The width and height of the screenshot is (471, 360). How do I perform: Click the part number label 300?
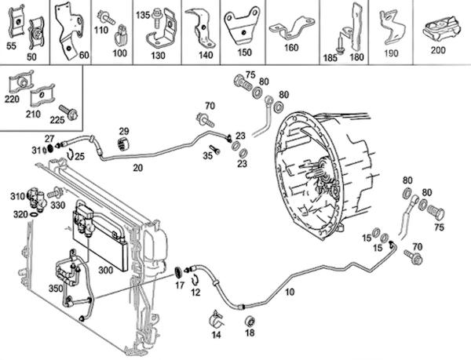tap(106, 270)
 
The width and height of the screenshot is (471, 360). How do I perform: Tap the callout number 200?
tap(438, 49)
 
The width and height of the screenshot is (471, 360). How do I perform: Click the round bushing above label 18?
tap(250, 321)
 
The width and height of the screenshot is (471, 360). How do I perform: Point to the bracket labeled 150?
tap(241, 26)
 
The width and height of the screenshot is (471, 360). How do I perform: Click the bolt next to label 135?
tap(156, 18)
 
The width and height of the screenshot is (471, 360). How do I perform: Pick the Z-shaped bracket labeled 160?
tap(291, 28)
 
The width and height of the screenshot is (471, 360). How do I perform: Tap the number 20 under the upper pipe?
tap(138, 168)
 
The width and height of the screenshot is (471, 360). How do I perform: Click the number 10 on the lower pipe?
tap(289, 292)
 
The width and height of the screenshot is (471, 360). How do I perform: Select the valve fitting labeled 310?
tap(37, 198)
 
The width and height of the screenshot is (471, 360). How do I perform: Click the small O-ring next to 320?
tap(34, 214)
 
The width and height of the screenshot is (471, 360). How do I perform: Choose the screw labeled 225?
tap(68, 112)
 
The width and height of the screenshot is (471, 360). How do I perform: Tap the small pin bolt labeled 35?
tap(215, 149)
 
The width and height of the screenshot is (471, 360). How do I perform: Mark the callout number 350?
tap(56, 289)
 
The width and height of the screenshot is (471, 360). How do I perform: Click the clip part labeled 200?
tap(441, 28)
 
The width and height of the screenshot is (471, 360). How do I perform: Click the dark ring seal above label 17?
tap(179, 272)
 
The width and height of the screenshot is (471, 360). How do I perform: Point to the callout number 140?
tap(206, 55)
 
